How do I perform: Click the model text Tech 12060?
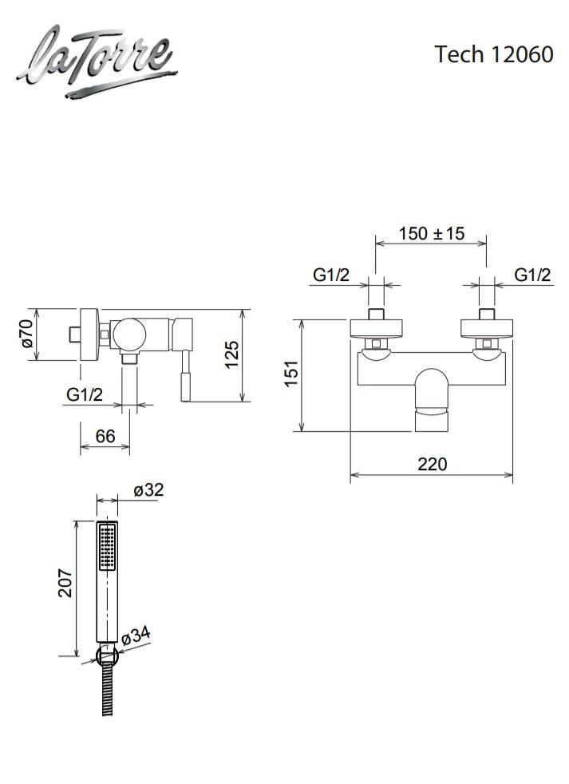click(x=493, y=54)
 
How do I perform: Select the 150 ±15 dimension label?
click(x=432, y=233)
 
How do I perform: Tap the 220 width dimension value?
click(x=432, y=464)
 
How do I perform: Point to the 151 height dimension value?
click(x=291, y=373)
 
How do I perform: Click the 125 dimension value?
click(x=231, y=354)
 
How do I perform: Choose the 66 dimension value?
click(x=105, y=436)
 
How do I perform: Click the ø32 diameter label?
click(x=148, y=489)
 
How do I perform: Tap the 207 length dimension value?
click(x=65, y=583)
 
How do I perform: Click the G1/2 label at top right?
click(x=532, y=275)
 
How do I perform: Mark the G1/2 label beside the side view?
click(x=85, y=394)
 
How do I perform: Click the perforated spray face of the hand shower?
click(x=108, y=546)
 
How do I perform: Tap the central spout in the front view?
click(x=432, y=399)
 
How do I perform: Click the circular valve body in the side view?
click(x=128, y=334)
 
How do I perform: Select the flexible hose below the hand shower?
click(x=107, y=691)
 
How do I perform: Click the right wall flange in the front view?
click(x=486, y=328)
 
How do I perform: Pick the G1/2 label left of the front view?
click(x=331, y=275)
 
